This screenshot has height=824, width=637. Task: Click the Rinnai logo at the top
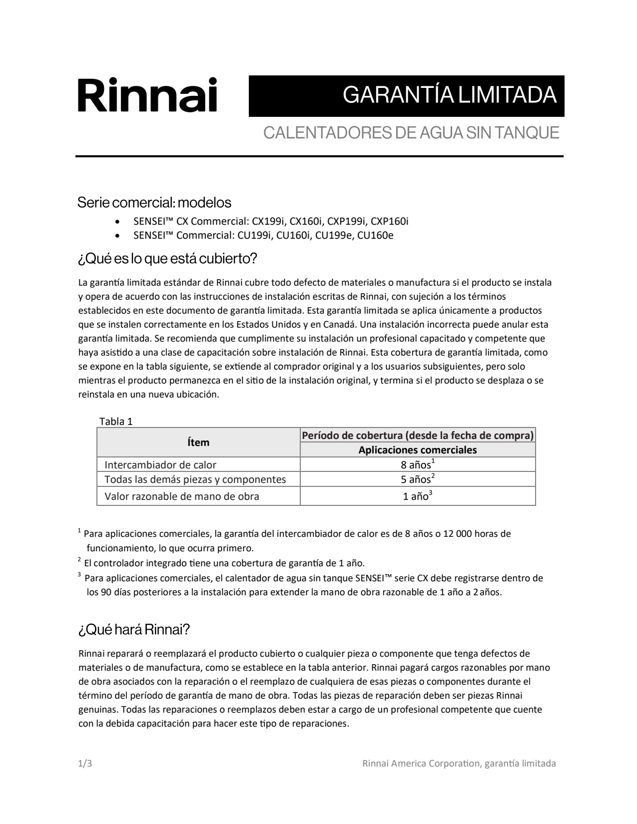coord(147,95)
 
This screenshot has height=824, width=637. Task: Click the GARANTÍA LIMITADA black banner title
coord(450,95)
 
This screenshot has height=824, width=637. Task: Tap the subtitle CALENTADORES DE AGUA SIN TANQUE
coord(411,133)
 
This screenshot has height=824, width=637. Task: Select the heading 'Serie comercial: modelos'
coord(154,203)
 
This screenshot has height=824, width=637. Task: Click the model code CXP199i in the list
coord(346,221)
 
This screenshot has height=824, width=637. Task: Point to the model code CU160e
coord(375,235)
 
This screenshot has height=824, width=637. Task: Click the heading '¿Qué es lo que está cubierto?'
coord(167,259)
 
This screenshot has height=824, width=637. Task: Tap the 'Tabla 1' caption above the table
coord(116,421)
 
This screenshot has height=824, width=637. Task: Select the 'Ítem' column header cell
coord(198,442)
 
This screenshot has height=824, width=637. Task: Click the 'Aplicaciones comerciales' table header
coord(418,450)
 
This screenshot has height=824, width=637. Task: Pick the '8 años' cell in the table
coord(418,465)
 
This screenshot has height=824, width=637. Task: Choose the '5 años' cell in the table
coord(418,479)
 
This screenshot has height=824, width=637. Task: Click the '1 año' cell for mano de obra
coord(418,496)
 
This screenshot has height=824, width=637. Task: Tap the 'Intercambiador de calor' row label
coord(160,465)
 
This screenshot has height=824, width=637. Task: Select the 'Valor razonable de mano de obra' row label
coord(182,496)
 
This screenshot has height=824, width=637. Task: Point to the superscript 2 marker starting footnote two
coord(79,560)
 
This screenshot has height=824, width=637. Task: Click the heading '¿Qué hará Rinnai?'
coord(134,629)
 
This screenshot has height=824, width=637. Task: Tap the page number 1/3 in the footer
coord(85,764)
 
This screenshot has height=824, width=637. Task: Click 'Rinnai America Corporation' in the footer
coord(421,764)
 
